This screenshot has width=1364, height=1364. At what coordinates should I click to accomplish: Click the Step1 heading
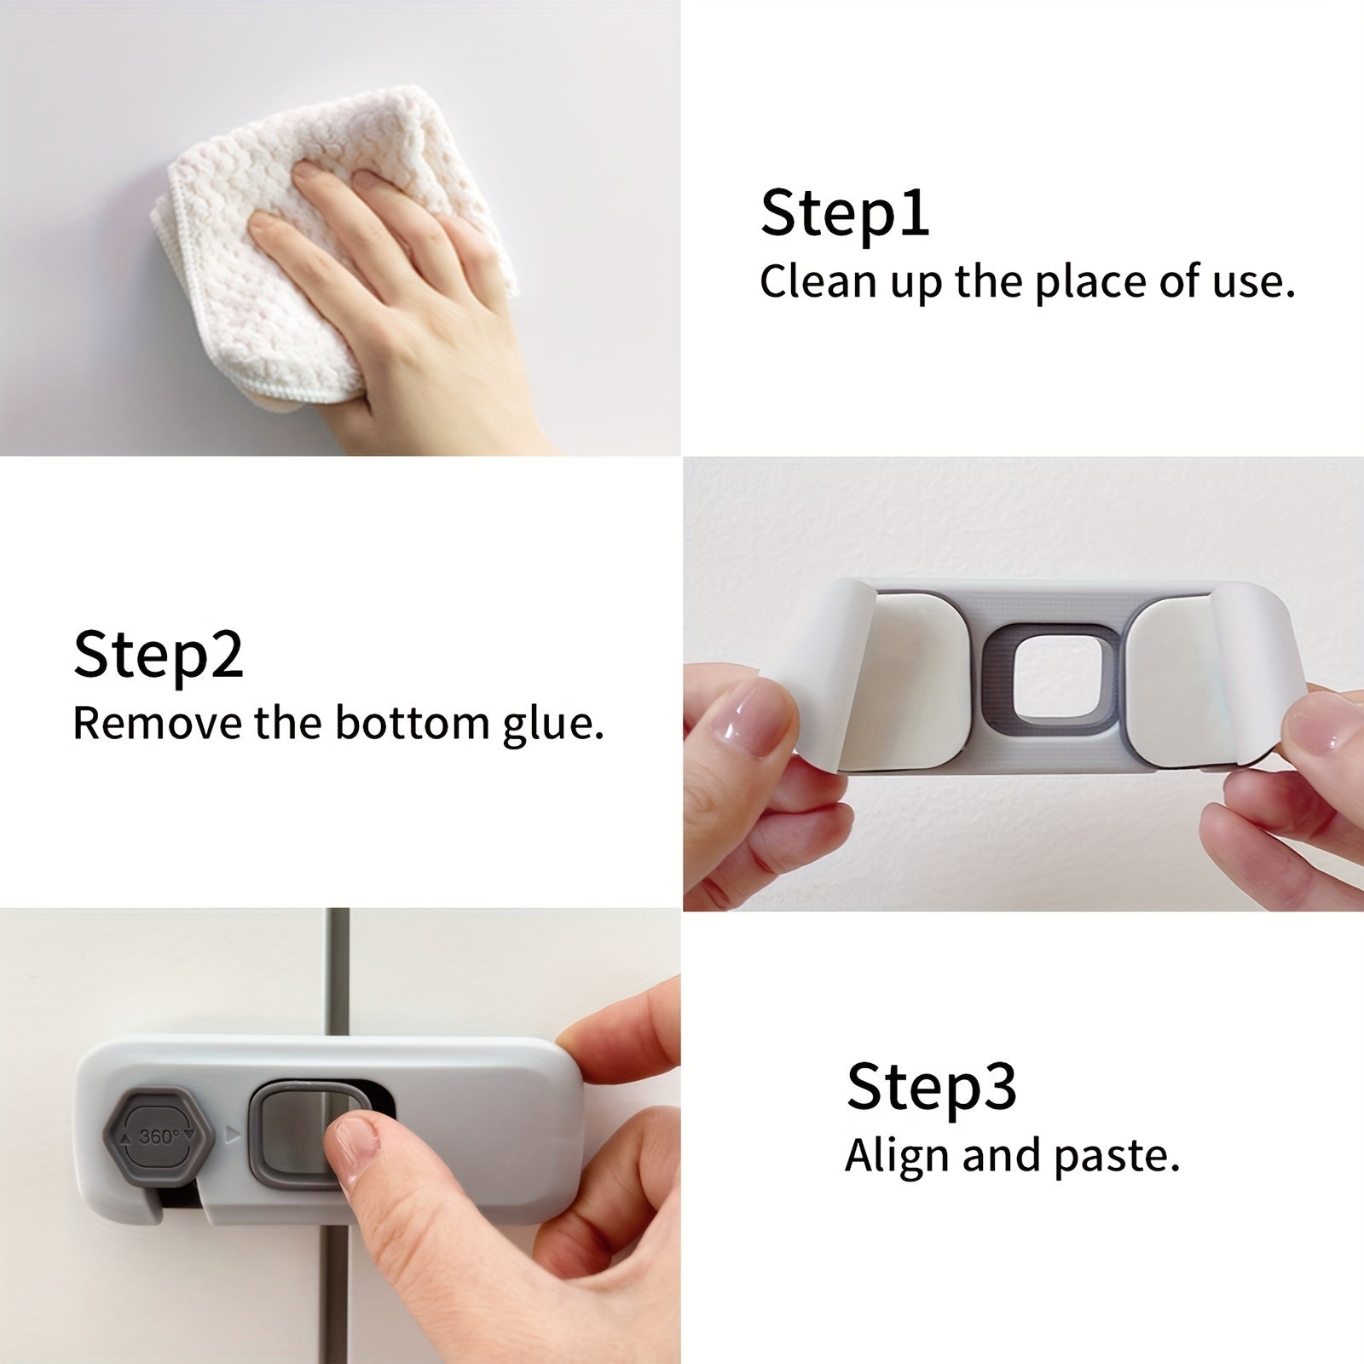[844, 213]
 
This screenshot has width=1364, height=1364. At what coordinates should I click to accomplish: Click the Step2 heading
[159, 655]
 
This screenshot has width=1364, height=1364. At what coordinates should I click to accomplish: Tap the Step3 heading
[931, 1086]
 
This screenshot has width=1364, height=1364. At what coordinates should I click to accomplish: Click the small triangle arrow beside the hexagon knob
[230, 1135]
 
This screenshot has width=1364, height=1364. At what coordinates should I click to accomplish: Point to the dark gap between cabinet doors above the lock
[338, 972]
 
